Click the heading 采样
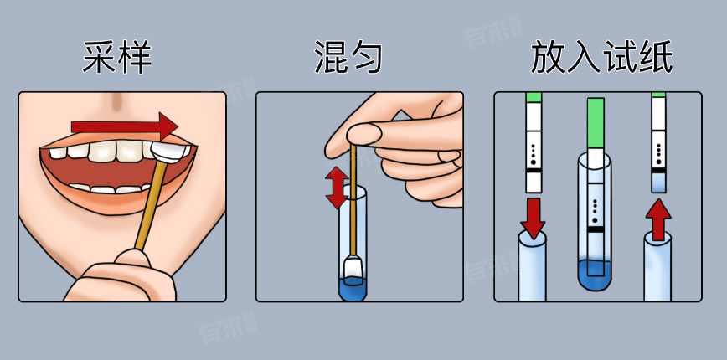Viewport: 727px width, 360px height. click(117, 58)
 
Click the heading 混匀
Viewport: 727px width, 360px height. click(348, 58)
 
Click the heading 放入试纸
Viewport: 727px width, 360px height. click(601, 58)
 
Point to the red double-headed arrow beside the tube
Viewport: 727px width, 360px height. click(337, 188)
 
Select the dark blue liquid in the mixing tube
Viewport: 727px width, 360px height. click(353, 287)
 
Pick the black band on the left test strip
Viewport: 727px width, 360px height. click(534, 170)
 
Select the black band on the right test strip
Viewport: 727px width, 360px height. click(658, 170)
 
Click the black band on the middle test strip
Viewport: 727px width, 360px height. click(596, 229)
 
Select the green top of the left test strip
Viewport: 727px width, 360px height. click(534, 97)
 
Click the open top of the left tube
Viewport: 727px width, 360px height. click(532, 238)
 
